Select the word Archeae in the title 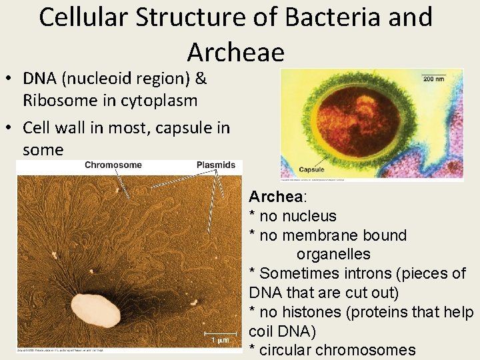(235, 51)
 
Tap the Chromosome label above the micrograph (113, 165)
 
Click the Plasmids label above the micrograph (216, 165)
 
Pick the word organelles (333, 254)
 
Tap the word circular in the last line (283, 350)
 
